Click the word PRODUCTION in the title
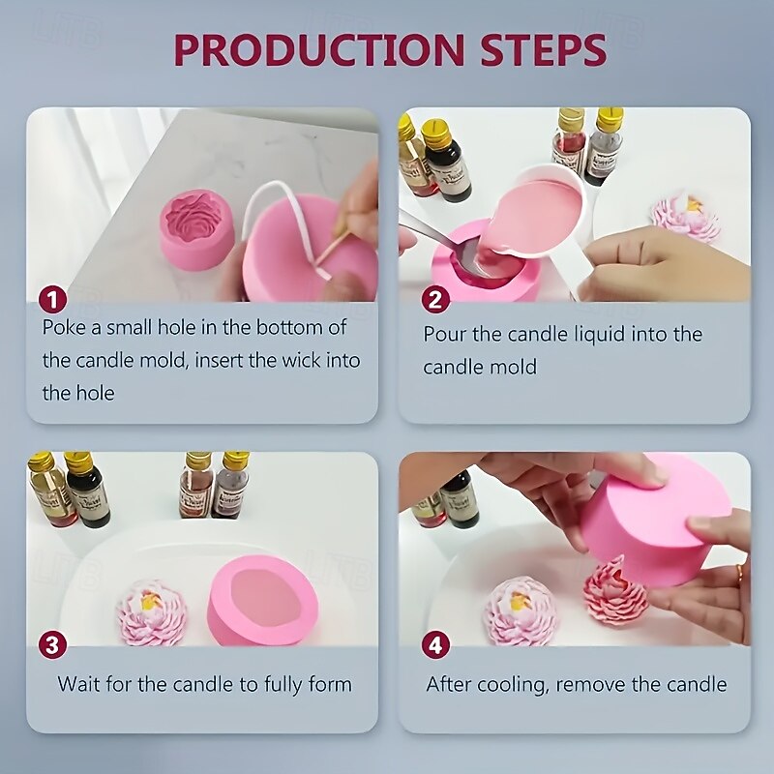click(x=319, y=50)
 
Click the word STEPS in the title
click(x=543, y=50)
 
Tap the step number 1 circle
click(x=53, y=300)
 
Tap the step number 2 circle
click(x=435, y=300)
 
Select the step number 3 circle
click(x=53, y=644)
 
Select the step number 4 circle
click(x=435, y=644)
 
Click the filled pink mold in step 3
click(x=262, y=600)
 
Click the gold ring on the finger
click(x=739, y=574)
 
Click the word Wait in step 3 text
click(x=79, y=684)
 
